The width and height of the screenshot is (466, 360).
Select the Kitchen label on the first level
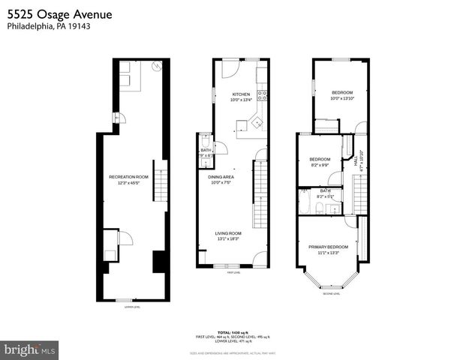click(240, 95)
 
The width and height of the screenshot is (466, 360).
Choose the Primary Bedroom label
click(328, 248)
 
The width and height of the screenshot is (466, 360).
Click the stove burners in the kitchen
click(262, 95)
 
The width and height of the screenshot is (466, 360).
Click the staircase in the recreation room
click(158, 173)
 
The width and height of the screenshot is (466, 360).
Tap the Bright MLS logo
click(30, 349)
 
